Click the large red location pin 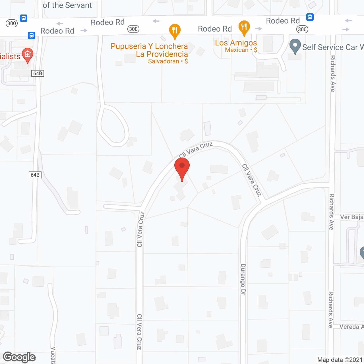[182, 168]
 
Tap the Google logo [19, 357]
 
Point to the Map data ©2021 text [340, 360]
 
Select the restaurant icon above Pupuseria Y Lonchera [175, 31]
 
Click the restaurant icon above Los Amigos [244, 28]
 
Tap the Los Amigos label [236, 43]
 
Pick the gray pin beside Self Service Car [295, 46]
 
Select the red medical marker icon [28, 55]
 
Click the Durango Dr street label [243, 279]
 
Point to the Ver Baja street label [351, 217]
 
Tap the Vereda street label [349, 327]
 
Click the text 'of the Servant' [67, 5]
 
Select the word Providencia [167, 54]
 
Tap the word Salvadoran [164, 61]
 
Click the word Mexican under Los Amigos [237, 50]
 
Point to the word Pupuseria [128, 46]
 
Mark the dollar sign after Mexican [256, 50]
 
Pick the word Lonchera [171, 46]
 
